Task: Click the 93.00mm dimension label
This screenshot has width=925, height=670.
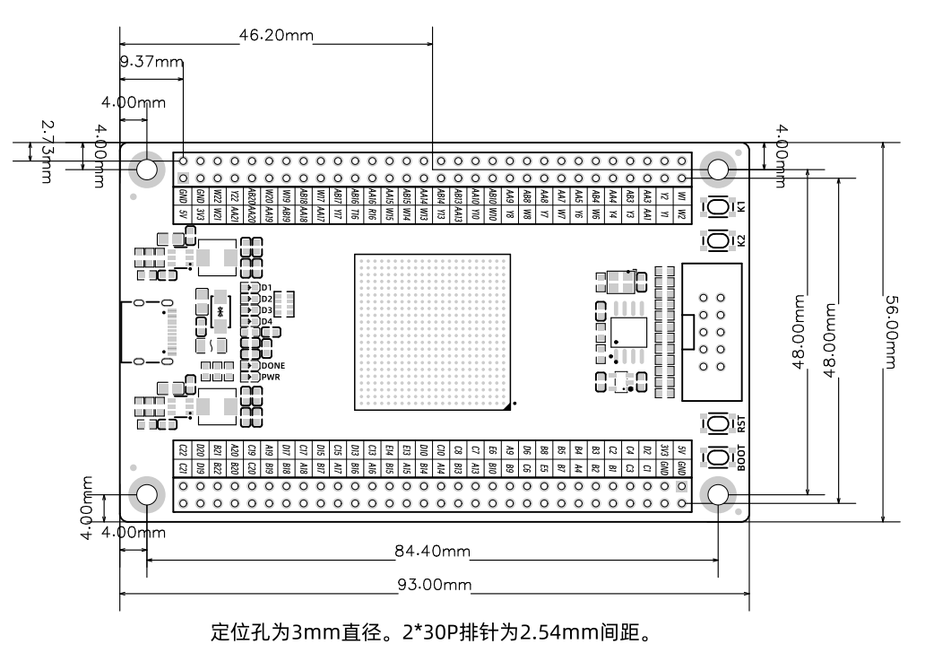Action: [x=434, y=586]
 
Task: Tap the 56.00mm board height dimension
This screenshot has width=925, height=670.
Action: [x=890, y=332]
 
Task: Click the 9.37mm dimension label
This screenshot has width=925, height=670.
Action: [x=151, y=62]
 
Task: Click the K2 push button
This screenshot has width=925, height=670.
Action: [x=718, y=240]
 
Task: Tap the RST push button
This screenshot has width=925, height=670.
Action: [x=718, y=423]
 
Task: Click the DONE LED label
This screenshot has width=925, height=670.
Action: [x=273, y=365]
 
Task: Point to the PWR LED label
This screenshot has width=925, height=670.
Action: [x=271, y=378]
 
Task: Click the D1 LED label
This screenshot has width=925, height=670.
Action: [x=266, y=287]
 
